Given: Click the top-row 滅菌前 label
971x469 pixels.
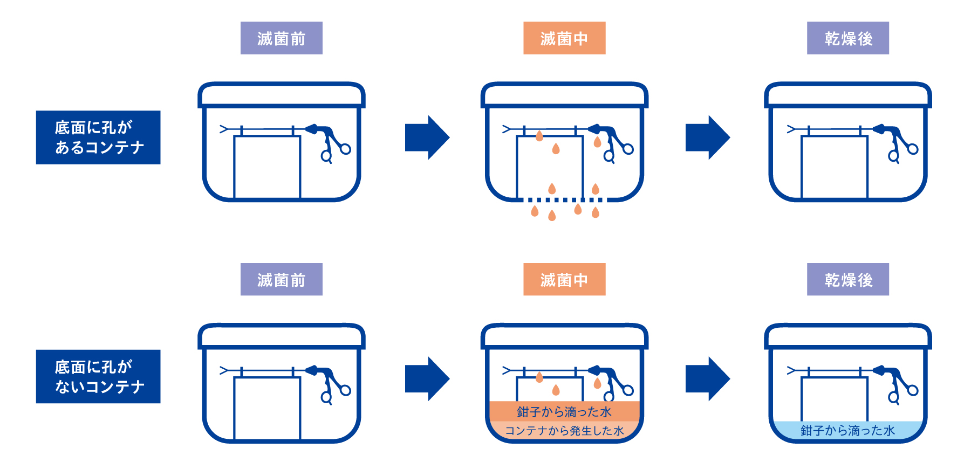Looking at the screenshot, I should tap(281, 38).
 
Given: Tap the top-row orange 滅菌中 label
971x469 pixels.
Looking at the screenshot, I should tap(564, 38).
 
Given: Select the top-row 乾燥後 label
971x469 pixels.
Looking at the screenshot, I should tap(847, 38).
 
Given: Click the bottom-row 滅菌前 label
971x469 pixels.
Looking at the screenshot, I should tap(281, 279).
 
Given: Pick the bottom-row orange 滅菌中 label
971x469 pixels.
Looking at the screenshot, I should tap(564, 279).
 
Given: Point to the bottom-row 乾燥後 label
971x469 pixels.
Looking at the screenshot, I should tap(847, 279).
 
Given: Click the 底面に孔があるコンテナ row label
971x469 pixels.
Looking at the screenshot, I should tap(98, 137).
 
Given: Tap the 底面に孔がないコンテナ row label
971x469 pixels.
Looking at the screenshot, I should tap(98, 376).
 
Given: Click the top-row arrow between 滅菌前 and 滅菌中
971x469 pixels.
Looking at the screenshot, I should tap(427, 137).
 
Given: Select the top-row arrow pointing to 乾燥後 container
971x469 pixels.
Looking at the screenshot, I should tap(707, 137).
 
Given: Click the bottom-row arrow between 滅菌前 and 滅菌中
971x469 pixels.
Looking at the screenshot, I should tap(427, 378).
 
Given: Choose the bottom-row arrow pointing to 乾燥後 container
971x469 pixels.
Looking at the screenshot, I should tap(707, 378).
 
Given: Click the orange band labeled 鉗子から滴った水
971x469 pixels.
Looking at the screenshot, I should tap(564, 412).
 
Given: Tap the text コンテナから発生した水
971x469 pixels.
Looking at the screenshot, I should tap(564, 431).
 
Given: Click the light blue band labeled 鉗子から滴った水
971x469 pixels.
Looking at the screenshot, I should tap(847, 430).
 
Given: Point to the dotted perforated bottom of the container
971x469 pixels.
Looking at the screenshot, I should tap(564, 200).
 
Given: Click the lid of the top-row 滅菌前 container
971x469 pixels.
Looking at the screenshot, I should tap(281, 94).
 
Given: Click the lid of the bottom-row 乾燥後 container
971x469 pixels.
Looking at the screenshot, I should tap(847, 336).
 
